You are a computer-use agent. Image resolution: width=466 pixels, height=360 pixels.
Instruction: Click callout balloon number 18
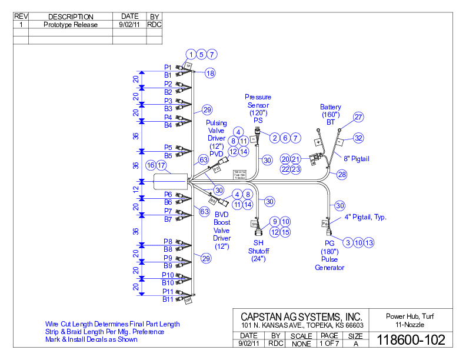click(x=210, y=74)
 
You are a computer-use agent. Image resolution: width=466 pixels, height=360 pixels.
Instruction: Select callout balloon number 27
click(x=358, y=117)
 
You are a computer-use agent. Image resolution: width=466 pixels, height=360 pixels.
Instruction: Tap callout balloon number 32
click(x=358, y=138)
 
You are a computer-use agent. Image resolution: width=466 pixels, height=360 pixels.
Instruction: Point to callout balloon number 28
click(x=342, y=175)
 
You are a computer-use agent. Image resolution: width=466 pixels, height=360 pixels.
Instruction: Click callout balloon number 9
click(x=274, y=222)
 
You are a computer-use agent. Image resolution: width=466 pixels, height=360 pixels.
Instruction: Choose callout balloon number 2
click(x=274, y=138)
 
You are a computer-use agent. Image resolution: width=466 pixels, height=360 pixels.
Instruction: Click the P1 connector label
click(x=168, y=67)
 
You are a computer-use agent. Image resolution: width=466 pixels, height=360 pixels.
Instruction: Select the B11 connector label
click(x=168, y=299)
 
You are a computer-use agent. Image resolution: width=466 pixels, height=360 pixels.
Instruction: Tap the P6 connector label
click(x=168, y=194)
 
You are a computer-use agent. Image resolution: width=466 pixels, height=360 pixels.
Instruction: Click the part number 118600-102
click(x=411, y=340)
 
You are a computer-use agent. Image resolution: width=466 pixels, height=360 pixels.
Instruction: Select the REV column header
click(x=21, y=16)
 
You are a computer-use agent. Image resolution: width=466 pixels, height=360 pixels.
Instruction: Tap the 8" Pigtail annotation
click(x=357, y=159)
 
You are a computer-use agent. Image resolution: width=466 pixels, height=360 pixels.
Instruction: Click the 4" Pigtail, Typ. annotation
click(x=365, y=217)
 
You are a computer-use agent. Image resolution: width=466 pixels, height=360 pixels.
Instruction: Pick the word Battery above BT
click(x=330, y=107)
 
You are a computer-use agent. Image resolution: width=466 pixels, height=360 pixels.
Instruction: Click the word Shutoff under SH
click(x=258, y=251)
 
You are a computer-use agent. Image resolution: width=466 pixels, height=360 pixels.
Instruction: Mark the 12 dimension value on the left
click(x=135, y=189)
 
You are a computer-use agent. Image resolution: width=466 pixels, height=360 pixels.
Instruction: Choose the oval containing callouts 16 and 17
click(x=157, y=166)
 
